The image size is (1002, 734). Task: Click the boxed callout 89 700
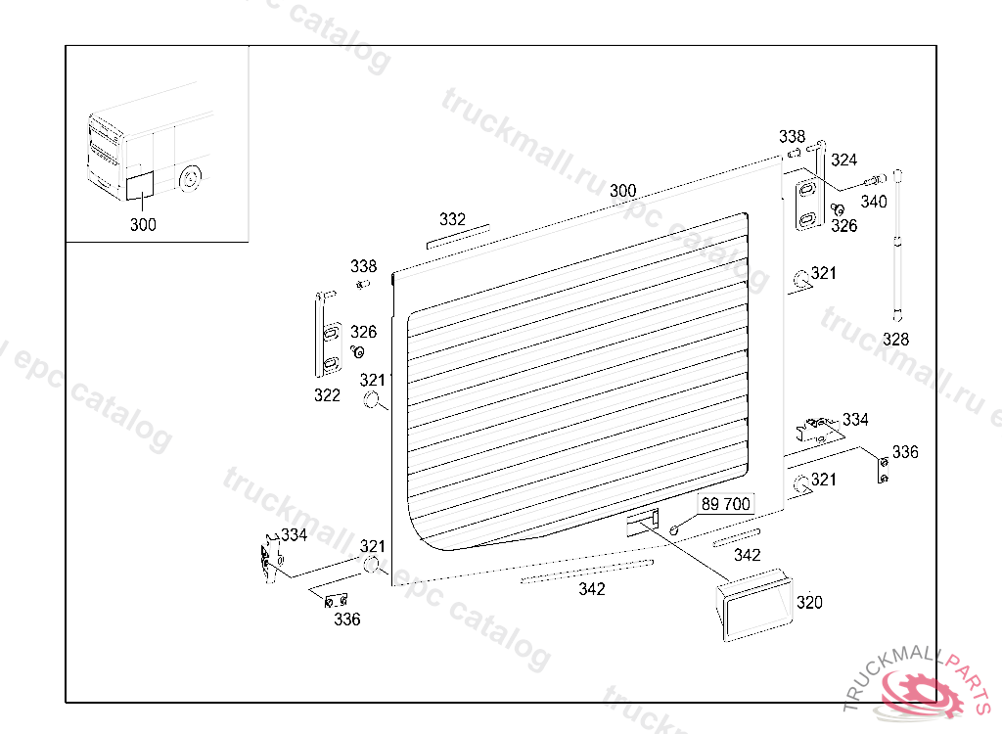pyautogui.click(x=725, y=504)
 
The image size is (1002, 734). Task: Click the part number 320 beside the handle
pyautogui.click(x=809, y=603)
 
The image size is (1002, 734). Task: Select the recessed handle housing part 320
pyautogui.click(x=753, y=606)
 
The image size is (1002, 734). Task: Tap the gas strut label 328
pyautogui.click(x=895, y=340)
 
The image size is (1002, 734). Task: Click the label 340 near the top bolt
pyautogui.click(x=874, y=202)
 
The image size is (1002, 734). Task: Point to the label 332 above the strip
pyautogui.click(x=452, y=219)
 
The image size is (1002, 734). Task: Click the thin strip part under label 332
pyautogui.click(x=458, y=238)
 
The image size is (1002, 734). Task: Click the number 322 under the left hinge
pyautogui.click(x=327, y=395)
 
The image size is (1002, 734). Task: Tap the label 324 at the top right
pyautogui.click(x=843, y=160)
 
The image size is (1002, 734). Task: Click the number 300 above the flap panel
pyautogui.click(x=622, y=191)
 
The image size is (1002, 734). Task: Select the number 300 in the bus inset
pyautogui.click(x=143, y=224)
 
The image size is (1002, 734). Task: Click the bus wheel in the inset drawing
pyautogui.click(x=191, y=180)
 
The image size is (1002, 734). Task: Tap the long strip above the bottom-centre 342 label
pyautogui.click(x=587, y=571)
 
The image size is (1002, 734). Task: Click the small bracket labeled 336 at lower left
pyautogui.click(x=337, y=600)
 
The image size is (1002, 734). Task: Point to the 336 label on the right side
pyautogui.click(x=905, y=452)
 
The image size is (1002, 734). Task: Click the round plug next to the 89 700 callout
pyautogui.click(x=675, y=529)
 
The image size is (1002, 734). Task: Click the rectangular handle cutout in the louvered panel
pyautogui.click(x=642, y=521)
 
